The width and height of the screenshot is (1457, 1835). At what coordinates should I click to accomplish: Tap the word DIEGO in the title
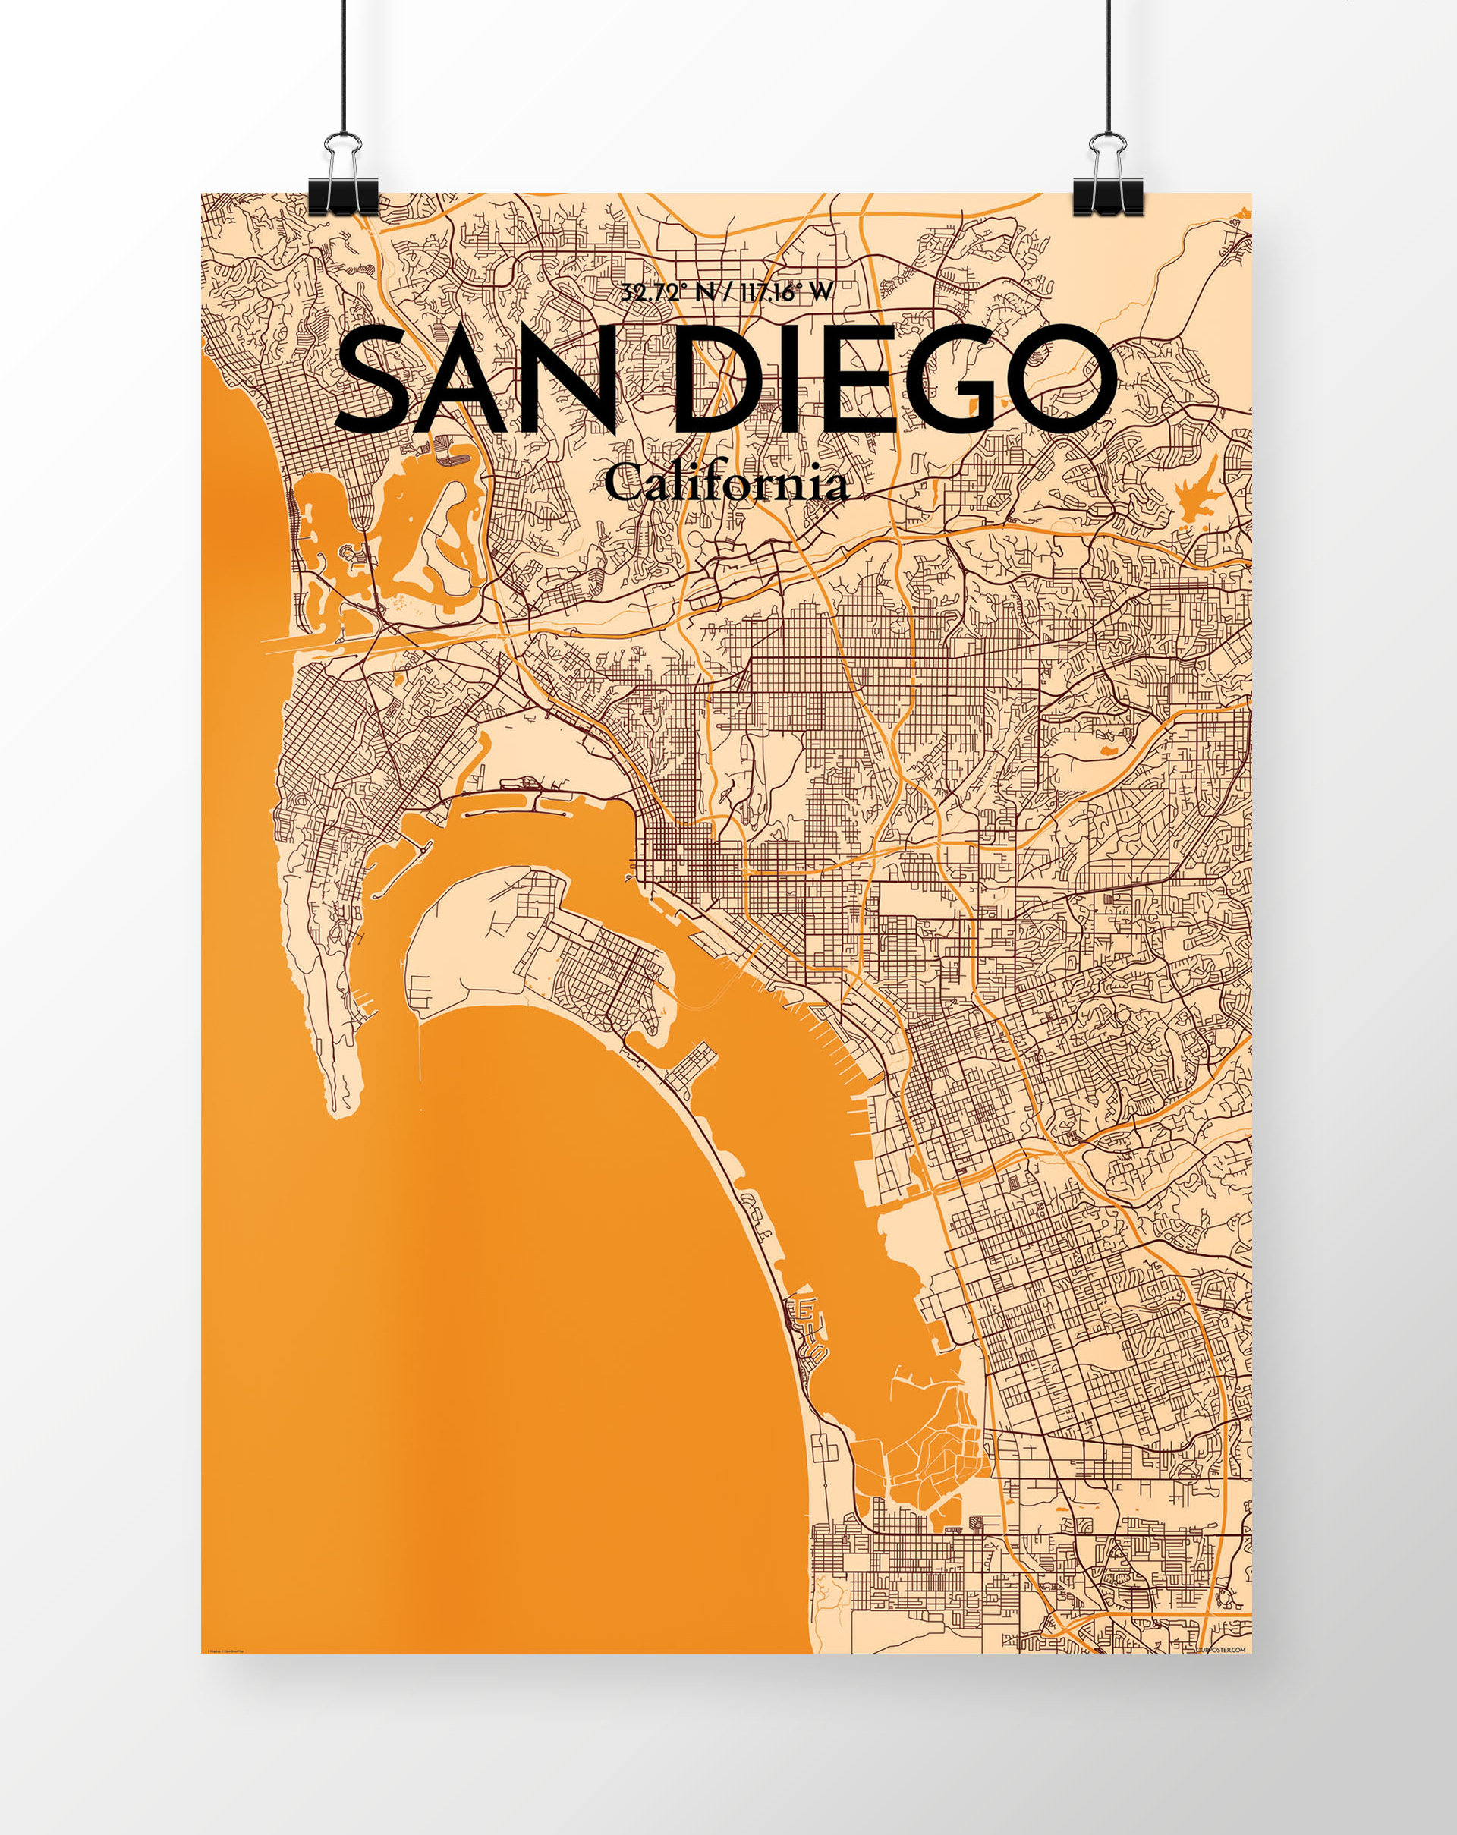tap(894, 379)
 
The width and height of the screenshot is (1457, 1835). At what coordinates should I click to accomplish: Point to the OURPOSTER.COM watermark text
tap(1220, 1650)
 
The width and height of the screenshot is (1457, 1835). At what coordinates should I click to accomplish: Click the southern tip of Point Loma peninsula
tap(343, 1106)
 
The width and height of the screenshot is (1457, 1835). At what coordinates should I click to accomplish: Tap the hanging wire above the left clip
tap(343, 68)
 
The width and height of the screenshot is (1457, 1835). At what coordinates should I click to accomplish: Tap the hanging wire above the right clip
tap(1108, 68)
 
